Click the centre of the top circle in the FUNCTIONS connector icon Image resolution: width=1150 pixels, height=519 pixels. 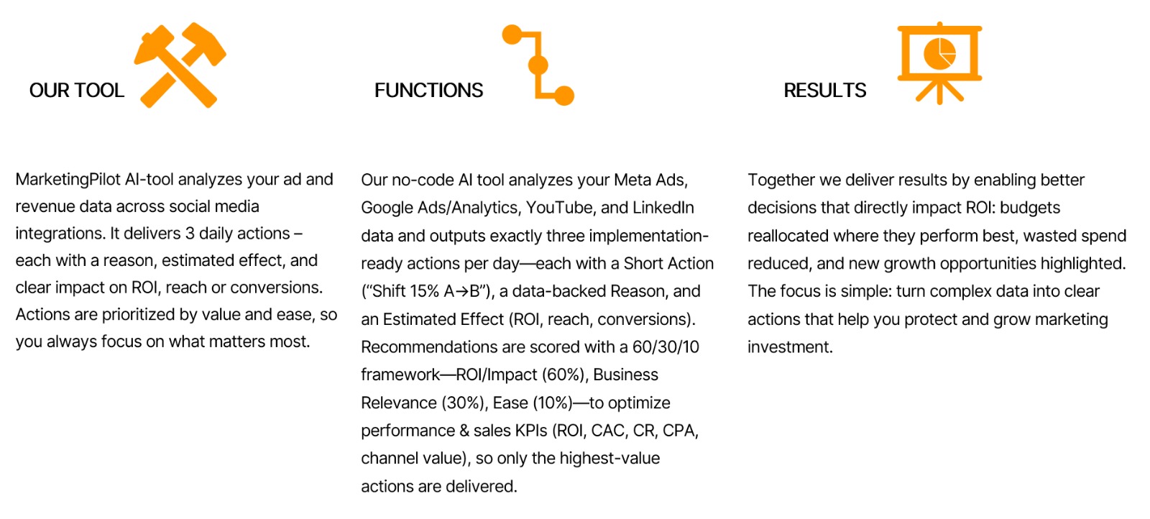[512, 35]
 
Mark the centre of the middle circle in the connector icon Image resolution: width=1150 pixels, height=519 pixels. [538, 65]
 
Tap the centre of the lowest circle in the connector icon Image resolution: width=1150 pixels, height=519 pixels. [564, 96]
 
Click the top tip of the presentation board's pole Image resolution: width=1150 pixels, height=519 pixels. [939, 22]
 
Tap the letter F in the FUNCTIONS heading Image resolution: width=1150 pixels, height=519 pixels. [380, 91]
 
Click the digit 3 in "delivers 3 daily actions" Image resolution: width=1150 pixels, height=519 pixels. [190, 234]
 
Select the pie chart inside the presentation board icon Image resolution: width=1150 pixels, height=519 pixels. [939, 53]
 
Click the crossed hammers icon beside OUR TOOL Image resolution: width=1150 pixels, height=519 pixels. [180, 65]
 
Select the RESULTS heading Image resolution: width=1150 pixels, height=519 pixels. [824, 91]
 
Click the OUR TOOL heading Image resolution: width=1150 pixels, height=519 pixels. [76, 91]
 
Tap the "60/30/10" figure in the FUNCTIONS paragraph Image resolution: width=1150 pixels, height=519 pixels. [666, 347]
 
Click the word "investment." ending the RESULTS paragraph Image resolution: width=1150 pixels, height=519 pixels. [790, 347]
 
